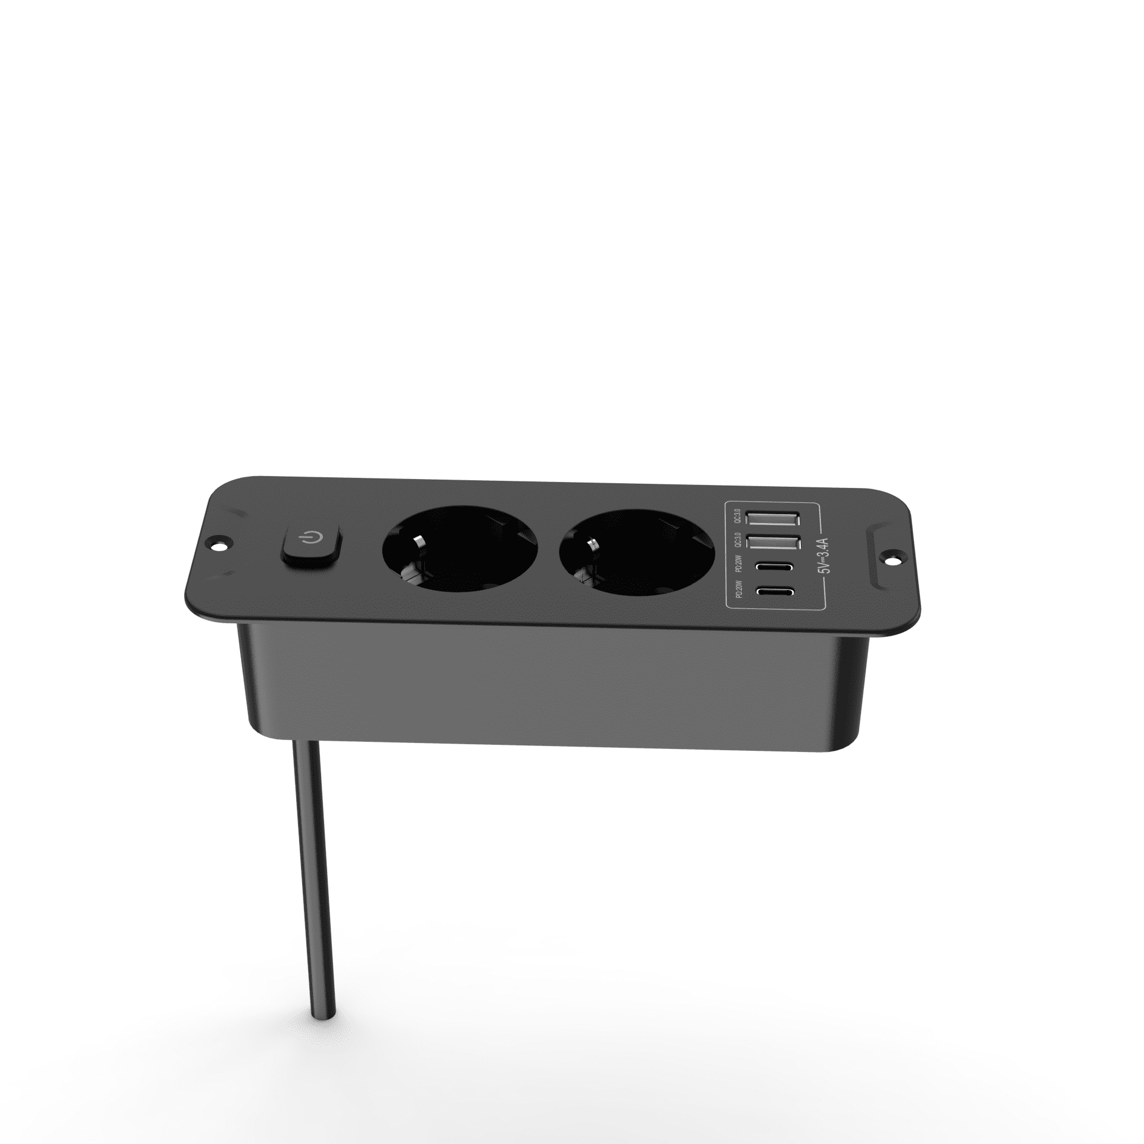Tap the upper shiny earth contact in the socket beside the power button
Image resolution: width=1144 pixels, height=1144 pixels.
[418, 540]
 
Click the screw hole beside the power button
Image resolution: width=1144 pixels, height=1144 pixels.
[218, 543]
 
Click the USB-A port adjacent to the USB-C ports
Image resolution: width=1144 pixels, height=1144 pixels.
[775, 544]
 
